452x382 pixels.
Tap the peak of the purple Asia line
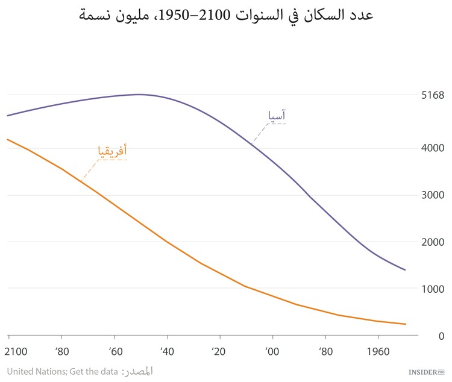coord(139,94)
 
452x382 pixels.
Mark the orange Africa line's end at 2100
coord(8,139)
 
